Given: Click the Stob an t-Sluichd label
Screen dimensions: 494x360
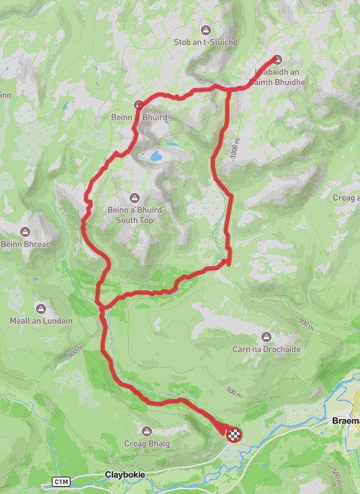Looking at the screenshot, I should pyautogui.click(x=204, y=42).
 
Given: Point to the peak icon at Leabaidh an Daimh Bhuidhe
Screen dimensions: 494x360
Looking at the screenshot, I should pyautogui.click(x=278, y=60).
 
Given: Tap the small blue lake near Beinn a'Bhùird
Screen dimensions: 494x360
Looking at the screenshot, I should pyautogui.click(x=154, y=155).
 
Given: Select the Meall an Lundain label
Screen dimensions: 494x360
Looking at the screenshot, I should pyautogui.click(x=42, y=320).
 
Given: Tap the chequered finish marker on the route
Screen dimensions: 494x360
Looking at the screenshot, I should pyautogui.click(x=234, y=434).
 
